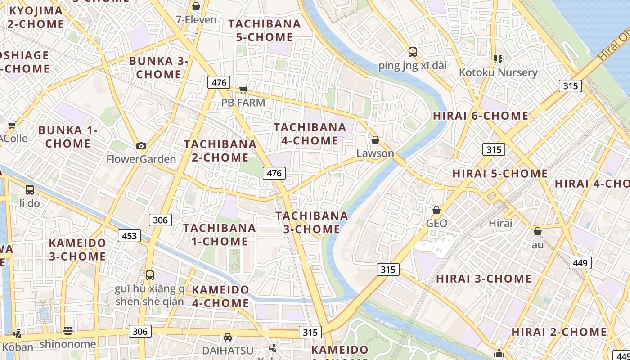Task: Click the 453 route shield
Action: [129, 236]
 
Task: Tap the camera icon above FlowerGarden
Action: [141, 146]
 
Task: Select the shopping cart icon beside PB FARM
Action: [243, 90]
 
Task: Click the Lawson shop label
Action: [375, 153]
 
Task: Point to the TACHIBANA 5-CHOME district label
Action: [265, 30]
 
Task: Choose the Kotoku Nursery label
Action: [498, 72]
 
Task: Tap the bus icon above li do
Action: [30, 190]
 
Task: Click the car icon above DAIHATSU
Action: [228, 337]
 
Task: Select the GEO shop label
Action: [436, 223]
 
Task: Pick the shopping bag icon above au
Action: [537, 231]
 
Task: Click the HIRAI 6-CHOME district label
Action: [481, 116]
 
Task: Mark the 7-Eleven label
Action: [196, 20]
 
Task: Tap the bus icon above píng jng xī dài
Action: [413, 52]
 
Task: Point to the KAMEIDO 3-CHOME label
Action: [77, 250]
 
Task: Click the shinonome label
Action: [68, 344]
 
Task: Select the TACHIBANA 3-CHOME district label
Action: [312, 222]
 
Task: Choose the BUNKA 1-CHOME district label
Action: [68, 137]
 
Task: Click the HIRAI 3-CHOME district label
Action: [484, 279]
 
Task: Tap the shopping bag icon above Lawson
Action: [375, 140]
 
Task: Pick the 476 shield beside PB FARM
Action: [219, 82]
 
